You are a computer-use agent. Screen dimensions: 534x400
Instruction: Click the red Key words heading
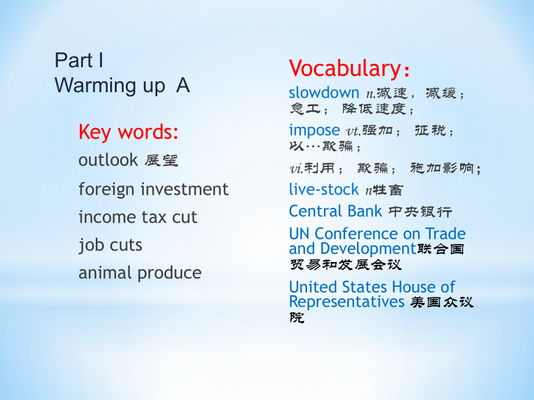(128, 132)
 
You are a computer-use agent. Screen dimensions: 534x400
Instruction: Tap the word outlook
(108, 160)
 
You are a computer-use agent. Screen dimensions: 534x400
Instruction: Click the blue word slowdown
(324, 93)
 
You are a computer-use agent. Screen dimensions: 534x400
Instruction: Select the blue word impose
(315, 130)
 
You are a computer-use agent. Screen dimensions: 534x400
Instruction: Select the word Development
(368, 249)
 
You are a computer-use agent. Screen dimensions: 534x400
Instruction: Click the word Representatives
(347, 302)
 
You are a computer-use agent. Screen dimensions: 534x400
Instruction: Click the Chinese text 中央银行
(420, 212)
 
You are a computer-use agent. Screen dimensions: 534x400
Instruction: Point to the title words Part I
(79, 60)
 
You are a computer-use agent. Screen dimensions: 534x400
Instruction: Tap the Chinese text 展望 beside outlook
(161, 161)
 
